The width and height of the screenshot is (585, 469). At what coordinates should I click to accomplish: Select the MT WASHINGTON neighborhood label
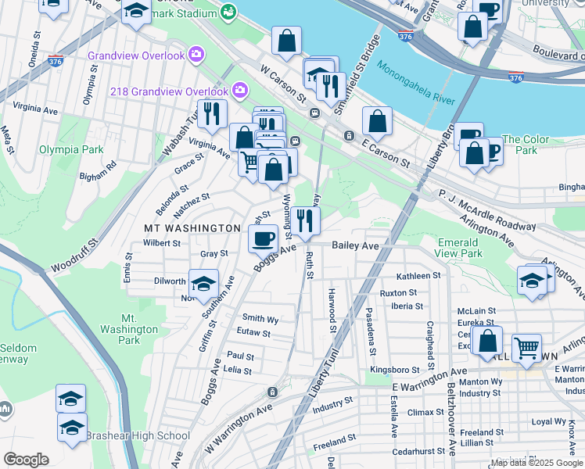click(x=192, y=227)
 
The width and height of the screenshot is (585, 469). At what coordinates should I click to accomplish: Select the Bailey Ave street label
click(x=354, y=245)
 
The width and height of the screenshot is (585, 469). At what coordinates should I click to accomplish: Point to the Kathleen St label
click(x=418, y=276)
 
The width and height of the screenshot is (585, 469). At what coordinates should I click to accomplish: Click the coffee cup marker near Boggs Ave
click(x=264, y=237)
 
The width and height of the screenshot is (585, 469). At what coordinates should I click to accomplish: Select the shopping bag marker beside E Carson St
click(x=377, y=121)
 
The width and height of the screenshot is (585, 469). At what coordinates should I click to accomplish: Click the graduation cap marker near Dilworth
click(x=203, y=284)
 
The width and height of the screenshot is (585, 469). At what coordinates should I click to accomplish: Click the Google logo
click(x=26, y=460)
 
